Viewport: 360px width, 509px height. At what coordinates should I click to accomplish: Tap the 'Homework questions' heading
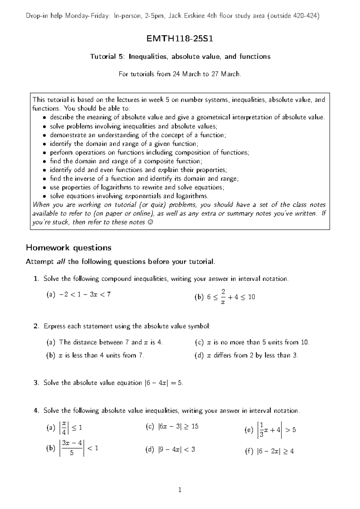pyautogui.click(x=69, y=248)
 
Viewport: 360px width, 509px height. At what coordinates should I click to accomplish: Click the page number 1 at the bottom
pyautogui.click(x=180, y=490)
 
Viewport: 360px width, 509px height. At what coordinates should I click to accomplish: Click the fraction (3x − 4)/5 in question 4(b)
pyautogui.click(x=72, y=448)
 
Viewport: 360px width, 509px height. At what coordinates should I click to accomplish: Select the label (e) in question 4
pyautogui.click(x=249, y=430)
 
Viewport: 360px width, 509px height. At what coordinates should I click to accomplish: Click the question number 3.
pyautogui.click(x=36, y=383)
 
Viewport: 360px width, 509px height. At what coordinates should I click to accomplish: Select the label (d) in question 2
pyautogui.click(x=199, y=355)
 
